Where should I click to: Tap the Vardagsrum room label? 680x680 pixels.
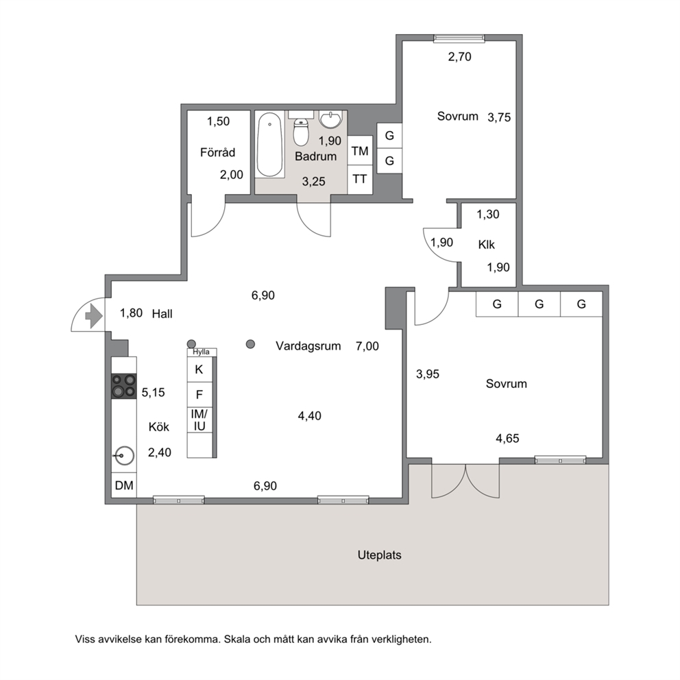point(308,346)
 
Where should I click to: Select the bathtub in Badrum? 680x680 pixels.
point(270,145)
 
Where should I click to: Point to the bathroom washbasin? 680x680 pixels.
point(331,119)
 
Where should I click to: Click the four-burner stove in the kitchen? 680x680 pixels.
point(124,386)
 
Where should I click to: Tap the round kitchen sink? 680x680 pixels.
point(124,456)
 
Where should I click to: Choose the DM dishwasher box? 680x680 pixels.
point(124,485)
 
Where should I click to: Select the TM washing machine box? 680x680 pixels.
point(360,151)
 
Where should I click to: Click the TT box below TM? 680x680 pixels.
point(360,179)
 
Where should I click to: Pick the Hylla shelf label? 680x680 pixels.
point(202,352)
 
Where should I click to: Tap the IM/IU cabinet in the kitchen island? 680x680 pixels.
point(199,420)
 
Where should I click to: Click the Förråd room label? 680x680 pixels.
point(218,152)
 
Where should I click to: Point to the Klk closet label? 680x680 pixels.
point(487,245)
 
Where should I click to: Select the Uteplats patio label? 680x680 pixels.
point(380,555)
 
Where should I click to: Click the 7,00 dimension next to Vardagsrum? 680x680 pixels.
point(367,346)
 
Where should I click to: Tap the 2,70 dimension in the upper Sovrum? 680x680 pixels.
point(460,57)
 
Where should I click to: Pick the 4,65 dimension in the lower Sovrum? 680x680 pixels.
point(507,439)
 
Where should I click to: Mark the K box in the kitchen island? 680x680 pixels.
point(199,369)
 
